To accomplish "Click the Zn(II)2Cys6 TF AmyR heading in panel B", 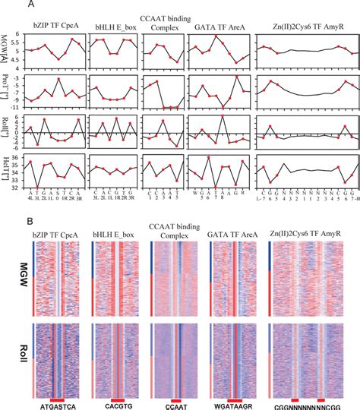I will [x=311, y=234].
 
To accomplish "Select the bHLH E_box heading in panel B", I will [x=117, y=234].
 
